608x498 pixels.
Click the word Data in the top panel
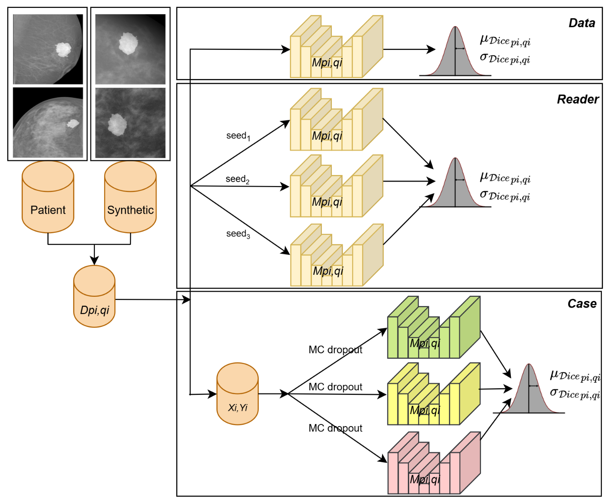(x=581, y=23)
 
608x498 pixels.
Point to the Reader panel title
(x=577, y=99)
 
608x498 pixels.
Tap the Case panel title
(x=582, y=304)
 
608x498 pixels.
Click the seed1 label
(x=238, y=136)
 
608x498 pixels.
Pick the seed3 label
(x=238, y=234)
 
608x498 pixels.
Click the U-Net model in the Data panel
(x=336, y=47)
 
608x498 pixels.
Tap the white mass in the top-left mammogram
(x=63, y=49)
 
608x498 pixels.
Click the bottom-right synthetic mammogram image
(x=130, y=123)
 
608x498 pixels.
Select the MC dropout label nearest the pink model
(x=335, y=428)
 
